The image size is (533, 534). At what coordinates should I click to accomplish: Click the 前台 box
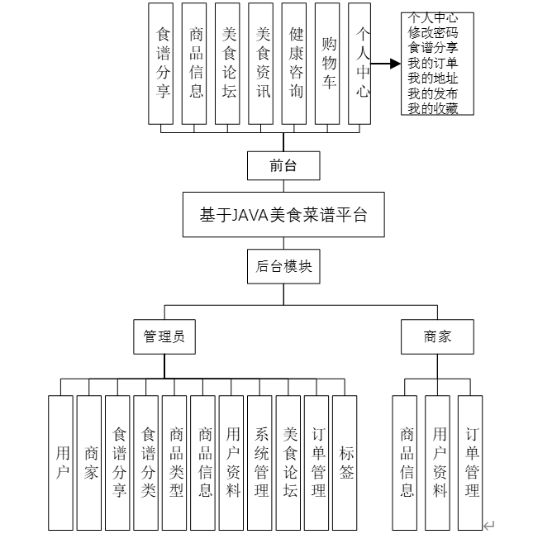pos(283,165)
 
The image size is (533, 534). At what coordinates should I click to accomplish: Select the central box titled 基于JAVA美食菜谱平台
pos(283,215)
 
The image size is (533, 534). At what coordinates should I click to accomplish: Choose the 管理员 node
pos(164,336)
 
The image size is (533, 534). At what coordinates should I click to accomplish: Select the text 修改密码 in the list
pos(437,32)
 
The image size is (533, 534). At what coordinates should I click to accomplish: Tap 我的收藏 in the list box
pos(437,108)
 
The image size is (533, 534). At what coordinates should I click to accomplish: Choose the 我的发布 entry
pos(437,93)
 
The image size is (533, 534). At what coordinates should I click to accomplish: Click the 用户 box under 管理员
pos(61,462)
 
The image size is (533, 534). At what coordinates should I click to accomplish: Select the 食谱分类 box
pos(146,462)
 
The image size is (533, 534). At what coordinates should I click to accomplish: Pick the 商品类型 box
pos(175,462)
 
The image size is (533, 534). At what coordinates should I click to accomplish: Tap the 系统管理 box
pos(260,462)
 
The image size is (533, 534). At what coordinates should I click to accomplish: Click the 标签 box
pos(345,462)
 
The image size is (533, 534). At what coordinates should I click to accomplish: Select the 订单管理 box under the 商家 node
pos(470,462)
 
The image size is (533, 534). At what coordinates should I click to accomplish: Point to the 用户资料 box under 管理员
pos(232,462)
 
